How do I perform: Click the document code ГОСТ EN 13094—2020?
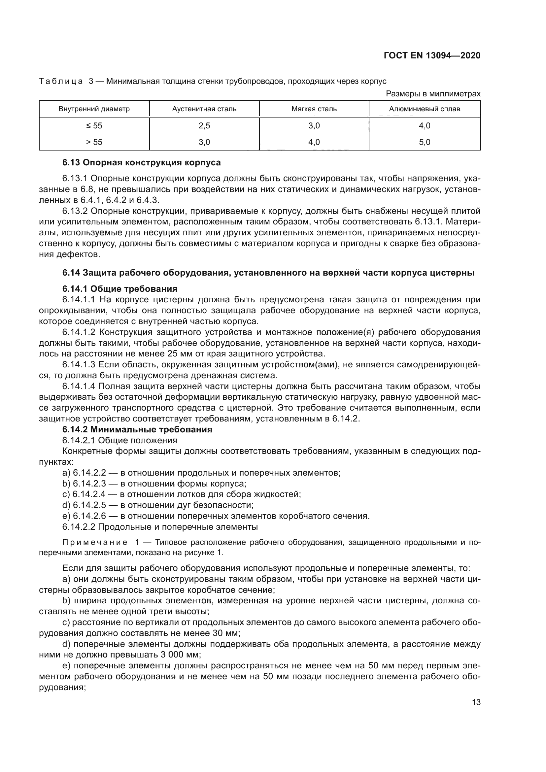tap(432, 56)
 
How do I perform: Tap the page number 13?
tap(476, 702)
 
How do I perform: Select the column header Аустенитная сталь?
tap(204, 109)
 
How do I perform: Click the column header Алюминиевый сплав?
tap(424, 109)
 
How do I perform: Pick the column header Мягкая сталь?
tap(314, 109)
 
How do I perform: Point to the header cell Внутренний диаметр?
tap(94, 109)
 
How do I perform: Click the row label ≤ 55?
tap(94, 126)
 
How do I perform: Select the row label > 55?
tap(94, 142)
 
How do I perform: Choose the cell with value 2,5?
tap(204, 126)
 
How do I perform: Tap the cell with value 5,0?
tap(424, 142)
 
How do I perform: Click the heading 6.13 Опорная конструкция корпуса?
tap(141, 163)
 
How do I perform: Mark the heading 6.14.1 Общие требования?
tap(120, 289)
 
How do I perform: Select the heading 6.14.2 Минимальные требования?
tap(137, 429)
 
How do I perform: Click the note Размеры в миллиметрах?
tap(433, 94)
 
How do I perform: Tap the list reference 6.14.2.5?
tap(89, 505)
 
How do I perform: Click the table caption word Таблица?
tap(61, 82)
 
